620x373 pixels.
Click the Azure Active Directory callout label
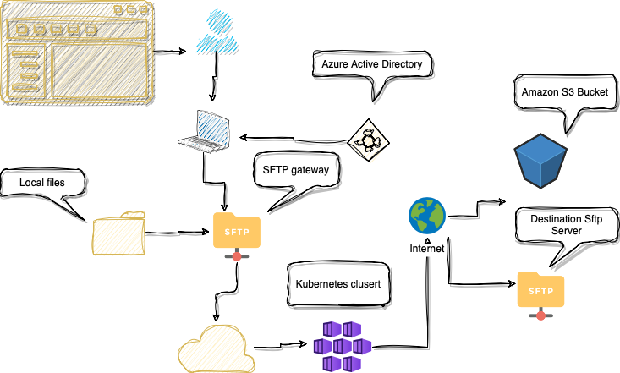[x=371, y=64]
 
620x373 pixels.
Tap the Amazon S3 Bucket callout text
[x=565, y=92]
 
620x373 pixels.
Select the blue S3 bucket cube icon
[x=540, y=160]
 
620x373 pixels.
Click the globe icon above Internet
[x=427, y=216]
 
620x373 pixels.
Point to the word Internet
[x=427, y=249]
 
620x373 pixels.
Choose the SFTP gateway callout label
[x=296, y=170]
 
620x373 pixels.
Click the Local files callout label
[x=42, y=183]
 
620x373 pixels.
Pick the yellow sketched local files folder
[x=118, y=233]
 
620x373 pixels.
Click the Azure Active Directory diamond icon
[x=369, y=140]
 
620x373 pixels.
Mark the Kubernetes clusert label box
[x=338, y=284]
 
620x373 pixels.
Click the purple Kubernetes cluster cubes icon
[x=343, y=347]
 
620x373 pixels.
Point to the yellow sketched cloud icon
[x=217, y=349]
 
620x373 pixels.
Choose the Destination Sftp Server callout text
[x=566, y=225]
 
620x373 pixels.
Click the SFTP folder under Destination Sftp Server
[x=541, y=294]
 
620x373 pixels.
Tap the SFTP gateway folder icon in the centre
[x=237, y=236]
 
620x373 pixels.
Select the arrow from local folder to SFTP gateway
[x=177, y=233]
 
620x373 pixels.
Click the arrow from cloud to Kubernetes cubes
[x=280, y=346]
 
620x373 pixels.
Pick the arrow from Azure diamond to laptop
[x=293, y=139]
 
